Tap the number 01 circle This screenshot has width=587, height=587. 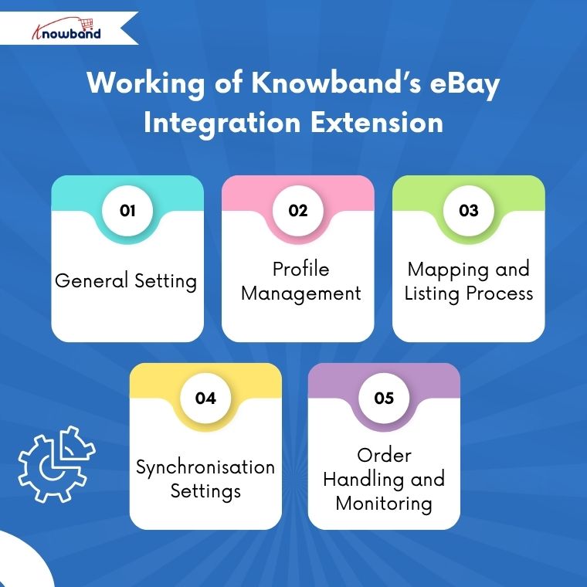127,210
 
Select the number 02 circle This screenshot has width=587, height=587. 298,210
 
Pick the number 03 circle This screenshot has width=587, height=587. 468,210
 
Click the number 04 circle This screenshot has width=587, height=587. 205,398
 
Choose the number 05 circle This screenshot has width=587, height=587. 384,398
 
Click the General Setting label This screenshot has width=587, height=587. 126,280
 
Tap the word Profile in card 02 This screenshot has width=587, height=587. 300,269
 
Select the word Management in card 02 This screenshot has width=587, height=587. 300,293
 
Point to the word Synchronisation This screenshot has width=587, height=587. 205,467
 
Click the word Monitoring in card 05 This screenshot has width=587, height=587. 384,504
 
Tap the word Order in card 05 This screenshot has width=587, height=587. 384,455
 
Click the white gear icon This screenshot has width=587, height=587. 55,463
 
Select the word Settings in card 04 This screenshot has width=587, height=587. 205,491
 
